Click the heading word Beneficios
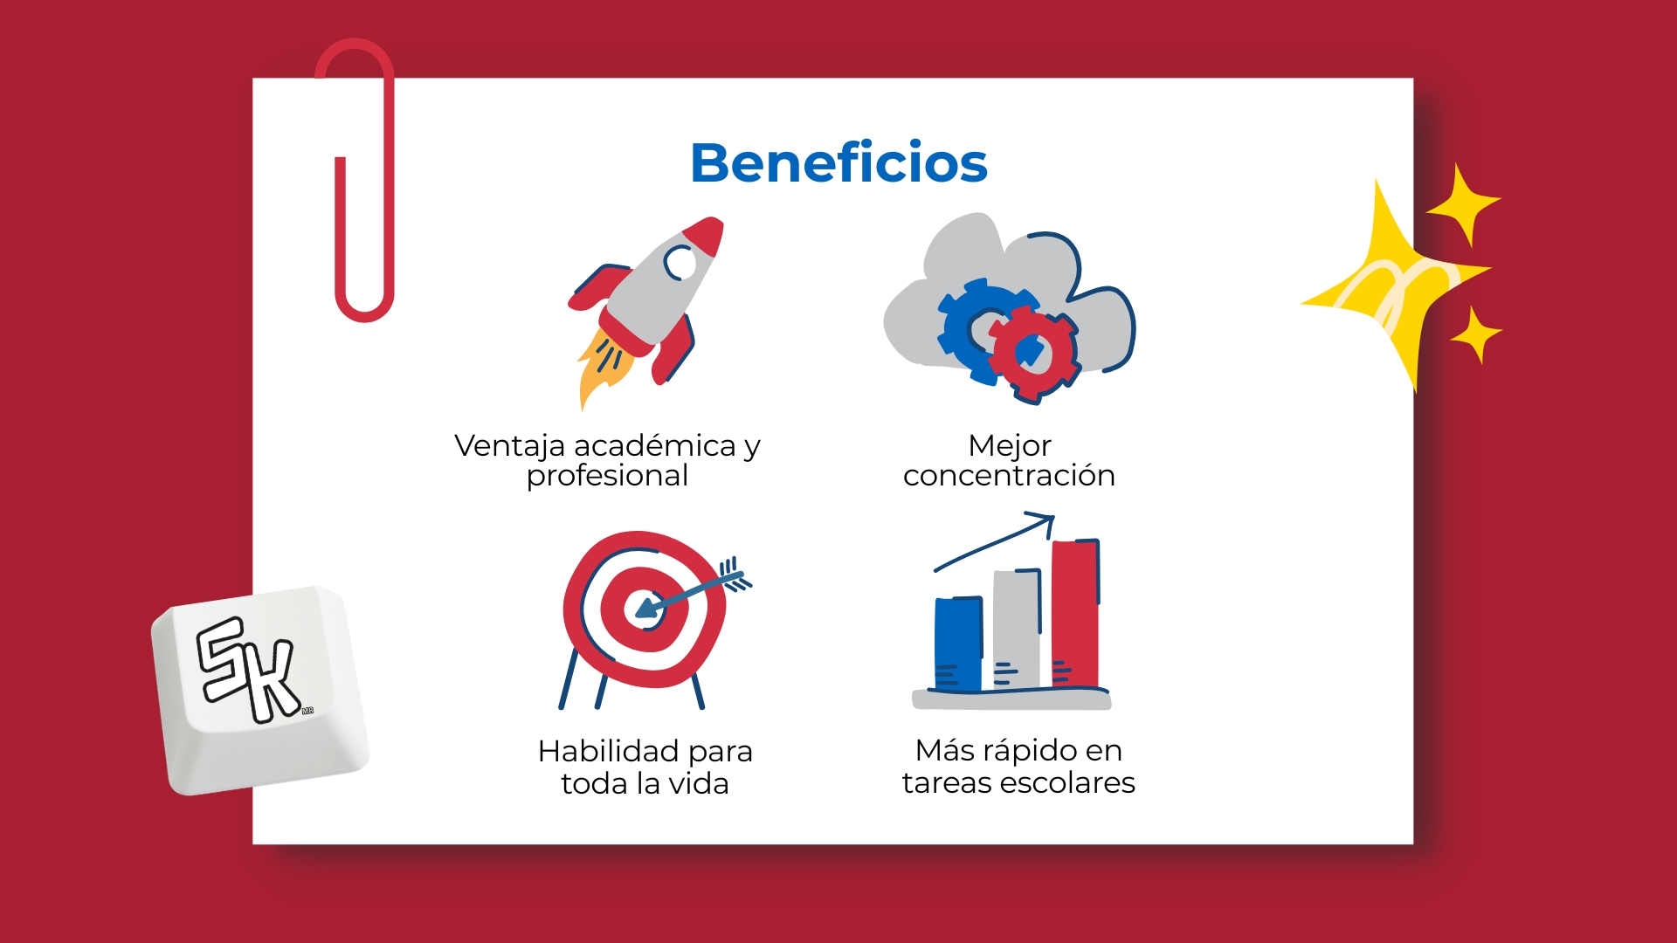click(x=838, y=163)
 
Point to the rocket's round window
click(x=680, y=261)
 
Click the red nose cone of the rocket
click(x=707, y=234)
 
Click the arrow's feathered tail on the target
click(x=734, y=575)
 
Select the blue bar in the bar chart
click(x=958, y=644)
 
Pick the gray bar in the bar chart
click(x=1017, y=628)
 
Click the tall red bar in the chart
click(x=1075, y=613)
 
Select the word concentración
click(x=1009, y=476)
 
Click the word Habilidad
click(x=608, y=751)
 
